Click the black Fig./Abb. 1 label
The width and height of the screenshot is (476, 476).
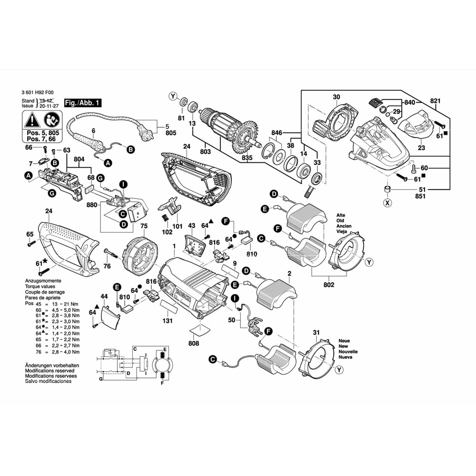[82, 103]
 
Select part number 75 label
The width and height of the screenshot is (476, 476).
[144, 226]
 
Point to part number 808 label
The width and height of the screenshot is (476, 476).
[194, 343]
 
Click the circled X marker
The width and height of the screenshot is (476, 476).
[387, 203]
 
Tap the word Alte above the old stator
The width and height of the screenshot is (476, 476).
[341, 215]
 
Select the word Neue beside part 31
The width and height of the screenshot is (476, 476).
[344, 341]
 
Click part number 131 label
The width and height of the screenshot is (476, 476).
[168, 320]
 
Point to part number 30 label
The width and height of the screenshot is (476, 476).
[337, 97]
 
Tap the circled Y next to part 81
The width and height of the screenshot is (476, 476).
[173, 97]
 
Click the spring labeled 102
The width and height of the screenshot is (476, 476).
[164, 218]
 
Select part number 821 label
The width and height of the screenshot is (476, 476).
[435, 101]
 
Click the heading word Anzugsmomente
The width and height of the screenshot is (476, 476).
[43, 281]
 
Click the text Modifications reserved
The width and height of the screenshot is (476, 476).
[50, 371]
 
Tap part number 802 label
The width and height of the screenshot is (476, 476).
[329, 285]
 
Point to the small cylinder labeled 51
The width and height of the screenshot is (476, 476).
[387, 190]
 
